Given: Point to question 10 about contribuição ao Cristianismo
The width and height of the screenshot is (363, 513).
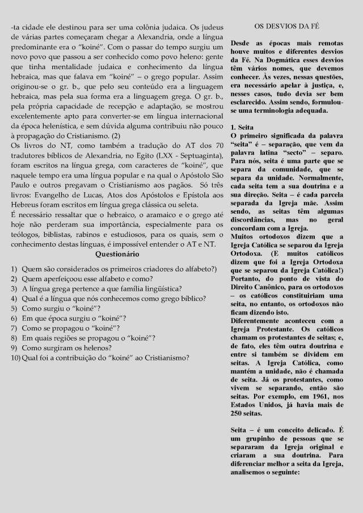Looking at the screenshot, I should point(104,357).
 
